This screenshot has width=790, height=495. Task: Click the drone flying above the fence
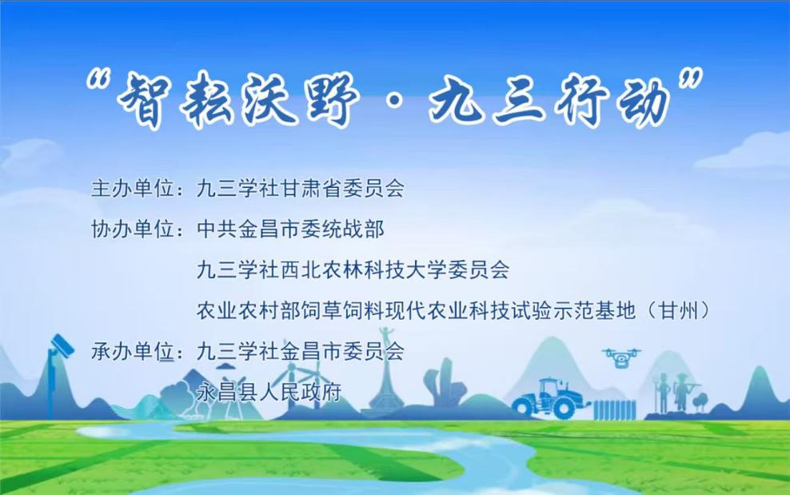tap(621, 357)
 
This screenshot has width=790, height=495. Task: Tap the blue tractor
tap(550, 397)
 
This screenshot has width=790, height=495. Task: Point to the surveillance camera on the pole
tap(62, 345)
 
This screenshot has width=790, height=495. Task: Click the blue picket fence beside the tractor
tap(615, 409)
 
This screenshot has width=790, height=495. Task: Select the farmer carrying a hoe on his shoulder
tap(683, 391)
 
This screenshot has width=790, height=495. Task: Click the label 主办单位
tap(133, 189)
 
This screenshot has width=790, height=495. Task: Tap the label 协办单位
tap(133, 230)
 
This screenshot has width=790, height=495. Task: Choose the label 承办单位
tap(133, 351)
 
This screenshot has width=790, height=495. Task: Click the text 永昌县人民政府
tap(269, 392)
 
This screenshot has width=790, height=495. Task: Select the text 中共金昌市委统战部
tap(290, 230)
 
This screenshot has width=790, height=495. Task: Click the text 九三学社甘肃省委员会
tap(301, 189)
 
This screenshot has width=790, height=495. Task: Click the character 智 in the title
tap(144, 98)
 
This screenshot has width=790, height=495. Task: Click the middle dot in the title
tap(396, 100)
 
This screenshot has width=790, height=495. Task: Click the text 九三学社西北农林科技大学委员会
tap(353, 269)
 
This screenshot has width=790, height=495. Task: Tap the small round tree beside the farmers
tap(700, 401)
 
